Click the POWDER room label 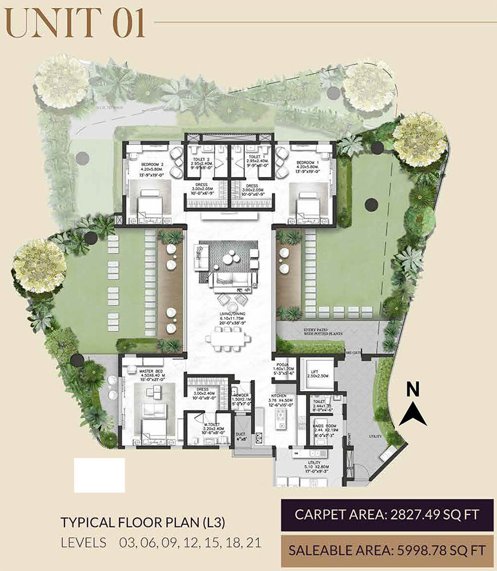(241, 396)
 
